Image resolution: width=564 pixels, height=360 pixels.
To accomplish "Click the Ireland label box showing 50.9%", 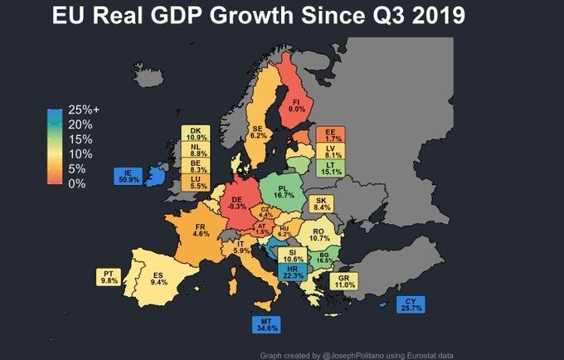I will (x=129, y=176).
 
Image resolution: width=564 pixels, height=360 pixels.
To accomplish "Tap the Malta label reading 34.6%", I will (x=266, y=324).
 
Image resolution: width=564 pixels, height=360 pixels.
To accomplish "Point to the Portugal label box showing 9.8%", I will (x=109, y=276).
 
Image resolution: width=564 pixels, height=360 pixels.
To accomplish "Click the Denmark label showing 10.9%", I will (x=197, y=134).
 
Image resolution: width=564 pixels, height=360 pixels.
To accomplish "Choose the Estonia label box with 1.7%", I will (x=330, y=134).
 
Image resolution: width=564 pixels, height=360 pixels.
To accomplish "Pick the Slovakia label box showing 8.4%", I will (x=321, y=203).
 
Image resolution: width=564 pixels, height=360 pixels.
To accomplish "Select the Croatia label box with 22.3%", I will (x=293, y=272).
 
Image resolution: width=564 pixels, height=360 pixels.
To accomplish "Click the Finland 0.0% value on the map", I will (x=296, y=105).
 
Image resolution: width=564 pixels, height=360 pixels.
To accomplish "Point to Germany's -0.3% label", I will (x=236, y=202).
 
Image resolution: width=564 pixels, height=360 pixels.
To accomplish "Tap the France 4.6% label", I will (x=200, y=230).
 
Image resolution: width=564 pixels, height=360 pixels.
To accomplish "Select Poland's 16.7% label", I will (x=284, y=191).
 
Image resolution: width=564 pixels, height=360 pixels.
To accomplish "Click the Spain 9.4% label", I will (x=159, y=279).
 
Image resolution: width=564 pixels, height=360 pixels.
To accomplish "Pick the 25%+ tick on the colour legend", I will (x=83, y=109).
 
